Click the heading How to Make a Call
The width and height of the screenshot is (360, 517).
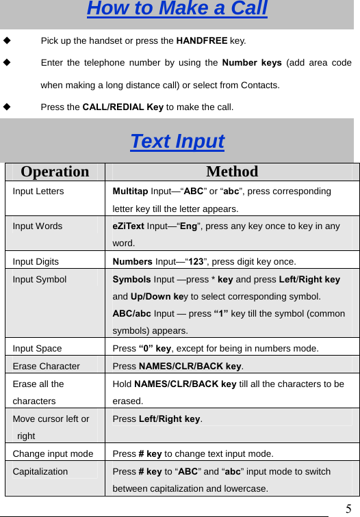(x=177, y=10)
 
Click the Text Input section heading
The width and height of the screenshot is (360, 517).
(x=177, y=142)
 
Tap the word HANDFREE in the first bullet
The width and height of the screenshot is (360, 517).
(x=202, y=41)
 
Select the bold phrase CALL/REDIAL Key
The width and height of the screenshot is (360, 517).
(x=123, y=107)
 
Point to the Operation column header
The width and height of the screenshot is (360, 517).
(x=55, y=172)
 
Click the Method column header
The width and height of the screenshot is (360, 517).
(x=232, y=172)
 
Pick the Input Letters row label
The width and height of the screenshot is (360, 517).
(x=38, y=191)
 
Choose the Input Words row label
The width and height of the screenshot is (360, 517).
(x=38, y=226)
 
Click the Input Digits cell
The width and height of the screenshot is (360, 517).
(x=36, y=261)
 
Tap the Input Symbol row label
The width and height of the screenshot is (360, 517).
(x=40, y=279)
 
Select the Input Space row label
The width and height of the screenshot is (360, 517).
(x=37, y=349)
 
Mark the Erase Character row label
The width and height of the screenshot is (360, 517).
(x=46, y=367)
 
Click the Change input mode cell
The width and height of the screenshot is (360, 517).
(x=53, y=453)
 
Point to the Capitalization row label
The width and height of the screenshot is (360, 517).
(x=40, y=471)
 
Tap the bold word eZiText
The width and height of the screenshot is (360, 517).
(x=129, y=226)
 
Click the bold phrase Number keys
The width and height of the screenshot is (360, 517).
(x=252, y=64)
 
